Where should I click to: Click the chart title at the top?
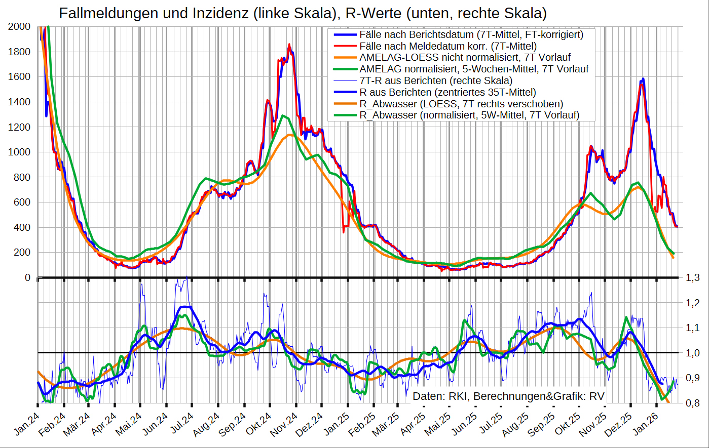303,13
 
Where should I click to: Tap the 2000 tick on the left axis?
19,27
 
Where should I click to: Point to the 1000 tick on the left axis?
19,152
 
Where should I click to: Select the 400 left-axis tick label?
22,227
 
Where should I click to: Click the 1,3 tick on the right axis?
693,277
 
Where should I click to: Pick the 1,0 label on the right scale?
693,353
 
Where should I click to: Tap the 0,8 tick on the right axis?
693,403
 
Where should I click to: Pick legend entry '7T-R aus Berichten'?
435,80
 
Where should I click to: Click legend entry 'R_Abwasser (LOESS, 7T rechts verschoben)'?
461,104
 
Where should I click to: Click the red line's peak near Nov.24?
289,45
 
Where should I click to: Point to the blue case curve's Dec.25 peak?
643,79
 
